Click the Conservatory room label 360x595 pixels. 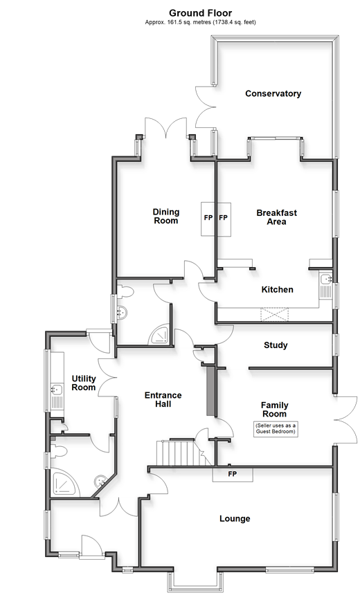[x=273, y=93]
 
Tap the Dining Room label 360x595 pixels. [x=166, y=217]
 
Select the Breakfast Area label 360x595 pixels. [x=276, y=217]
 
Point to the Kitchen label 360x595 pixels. [x=277, y=289]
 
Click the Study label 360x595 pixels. [x=276, y=345]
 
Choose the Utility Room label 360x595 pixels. [x=84, y=383]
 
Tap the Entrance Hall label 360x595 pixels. [x=163, y=400]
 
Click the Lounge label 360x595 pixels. [x=235, y=519]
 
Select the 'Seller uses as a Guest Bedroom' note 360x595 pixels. [x=276, y=428]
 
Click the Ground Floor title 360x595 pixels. [x=201, y=14]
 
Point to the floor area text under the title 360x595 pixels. [x=201, y=22]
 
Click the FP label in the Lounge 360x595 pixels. [x=233, y=474]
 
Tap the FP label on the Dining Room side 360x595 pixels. [x=208, y=218]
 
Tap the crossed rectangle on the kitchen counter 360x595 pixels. [x=274, y=315]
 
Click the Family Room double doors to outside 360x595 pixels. [x=346, y=419]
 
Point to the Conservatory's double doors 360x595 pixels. [x=206, y=107]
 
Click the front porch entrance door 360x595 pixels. [x=91, y=547]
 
